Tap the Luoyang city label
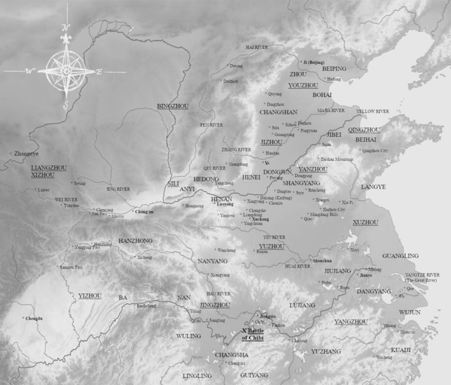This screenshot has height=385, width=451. coord(225,204)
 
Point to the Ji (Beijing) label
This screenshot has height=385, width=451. coord(316,61)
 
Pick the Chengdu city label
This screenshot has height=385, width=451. coord(34,319)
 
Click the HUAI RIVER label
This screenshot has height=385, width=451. coord(297,266)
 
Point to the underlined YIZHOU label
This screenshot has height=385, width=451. coord(90,296)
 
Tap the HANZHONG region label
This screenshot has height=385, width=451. coord(135,241)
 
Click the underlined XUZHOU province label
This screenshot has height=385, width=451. coord(365,222)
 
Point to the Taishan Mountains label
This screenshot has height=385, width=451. coord(336,159)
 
